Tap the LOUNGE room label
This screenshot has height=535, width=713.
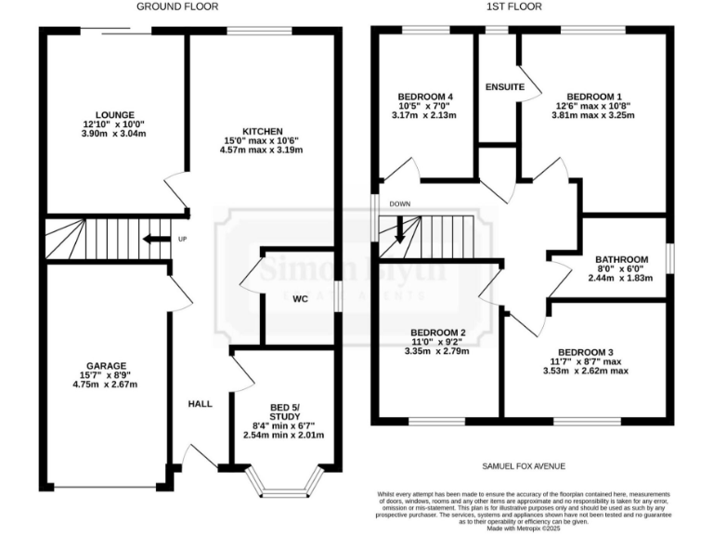coord(113,114)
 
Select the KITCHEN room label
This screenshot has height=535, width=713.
coord(262,131)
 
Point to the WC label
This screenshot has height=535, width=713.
coord(300,299)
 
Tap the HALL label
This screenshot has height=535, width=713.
coord(200,404)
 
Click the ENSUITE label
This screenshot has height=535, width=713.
coord(504,87)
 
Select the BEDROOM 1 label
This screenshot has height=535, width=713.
coord(594,96)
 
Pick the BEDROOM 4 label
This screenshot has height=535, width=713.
coord(424,96)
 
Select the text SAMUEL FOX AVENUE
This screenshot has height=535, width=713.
coord(523,466)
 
